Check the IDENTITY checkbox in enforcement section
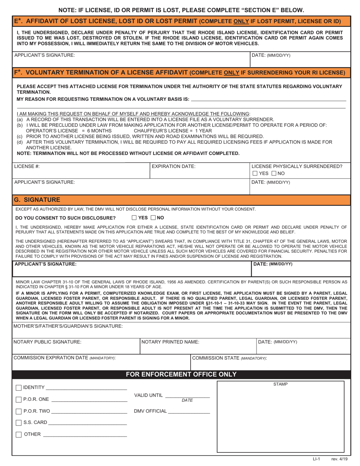point(19,388)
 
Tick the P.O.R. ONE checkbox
point(19,400)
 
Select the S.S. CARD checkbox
point(19,423)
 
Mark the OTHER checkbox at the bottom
point(19,435)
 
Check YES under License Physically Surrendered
point(255,174)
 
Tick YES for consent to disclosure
point(134,217)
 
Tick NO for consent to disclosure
point(153,217)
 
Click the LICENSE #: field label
point(27,166)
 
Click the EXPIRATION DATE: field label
point(174,166)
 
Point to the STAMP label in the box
point(280,384)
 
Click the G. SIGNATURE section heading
point(37,199)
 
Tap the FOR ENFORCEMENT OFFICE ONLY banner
point(181,374)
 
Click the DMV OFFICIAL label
point(150,411)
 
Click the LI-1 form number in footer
point(316,459)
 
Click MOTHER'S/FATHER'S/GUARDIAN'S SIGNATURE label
point(68,326)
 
